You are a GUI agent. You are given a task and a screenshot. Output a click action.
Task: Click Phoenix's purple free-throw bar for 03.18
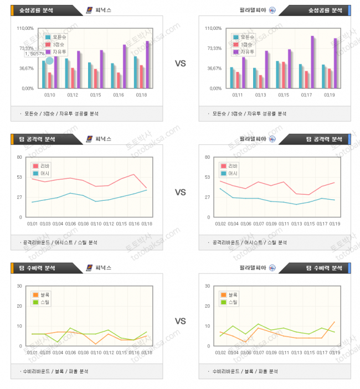click(x=147, y=64)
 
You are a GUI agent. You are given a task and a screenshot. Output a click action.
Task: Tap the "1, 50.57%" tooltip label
click(x=34, y=54)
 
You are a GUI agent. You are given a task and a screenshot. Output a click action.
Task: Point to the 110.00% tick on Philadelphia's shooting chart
click(x=213, y=28)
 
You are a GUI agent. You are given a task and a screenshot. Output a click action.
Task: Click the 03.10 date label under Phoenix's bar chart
click(x=49, y=95)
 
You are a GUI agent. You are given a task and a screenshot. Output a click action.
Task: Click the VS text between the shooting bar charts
click(x=180, y=64)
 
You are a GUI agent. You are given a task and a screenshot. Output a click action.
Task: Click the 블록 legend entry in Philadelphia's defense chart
click(x=232, y=295)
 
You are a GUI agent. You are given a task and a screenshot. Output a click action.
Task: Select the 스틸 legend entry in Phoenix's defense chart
click(x=44, y=302)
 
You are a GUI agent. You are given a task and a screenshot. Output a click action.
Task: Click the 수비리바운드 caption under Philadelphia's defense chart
click(x=219, y=371)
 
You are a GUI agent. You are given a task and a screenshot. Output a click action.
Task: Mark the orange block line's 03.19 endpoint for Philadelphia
click(x=335, y=322)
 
